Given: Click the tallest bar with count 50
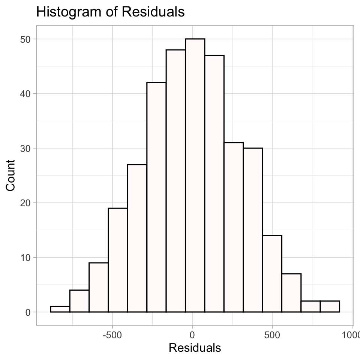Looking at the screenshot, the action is [195, 175].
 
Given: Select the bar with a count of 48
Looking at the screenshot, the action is [176, 181].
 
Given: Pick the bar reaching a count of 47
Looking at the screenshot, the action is [214, 184].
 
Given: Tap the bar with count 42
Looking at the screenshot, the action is [157, 197].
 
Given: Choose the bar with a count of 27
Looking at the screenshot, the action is [137, 238].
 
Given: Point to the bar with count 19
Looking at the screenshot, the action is [118, 260].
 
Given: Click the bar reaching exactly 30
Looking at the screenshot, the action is [253, 230].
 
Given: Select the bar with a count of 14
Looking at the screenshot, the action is [272, 274].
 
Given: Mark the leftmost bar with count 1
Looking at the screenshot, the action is [60, 309].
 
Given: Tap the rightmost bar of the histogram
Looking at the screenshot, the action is [330, 306].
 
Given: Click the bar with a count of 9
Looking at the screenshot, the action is [99, 288].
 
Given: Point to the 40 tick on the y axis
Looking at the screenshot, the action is [25, 94].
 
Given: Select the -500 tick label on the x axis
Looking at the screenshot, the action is [112, 335].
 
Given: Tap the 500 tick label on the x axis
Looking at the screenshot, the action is [272, 335].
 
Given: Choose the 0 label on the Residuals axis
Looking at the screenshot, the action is [192, 335].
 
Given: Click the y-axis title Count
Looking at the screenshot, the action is [10, 175].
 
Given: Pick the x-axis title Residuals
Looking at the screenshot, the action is [195, 348].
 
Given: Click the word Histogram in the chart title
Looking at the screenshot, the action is [69, 12].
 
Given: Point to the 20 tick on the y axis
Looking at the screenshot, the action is [25, 203].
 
